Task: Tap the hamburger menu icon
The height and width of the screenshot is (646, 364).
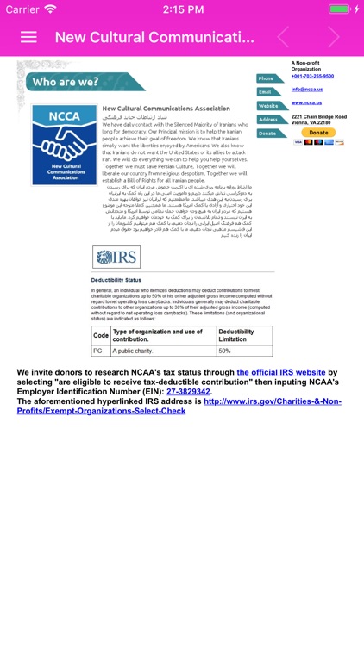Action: (x=28, y=37)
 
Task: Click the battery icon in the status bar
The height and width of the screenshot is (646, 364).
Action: (x=341, y=9)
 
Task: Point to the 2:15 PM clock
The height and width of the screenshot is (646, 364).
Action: (x=181, y=9)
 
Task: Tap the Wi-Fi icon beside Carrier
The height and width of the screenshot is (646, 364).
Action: (x=51, y=9)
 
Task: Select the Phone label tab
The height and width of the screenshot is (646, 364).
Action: (x=270, y=78)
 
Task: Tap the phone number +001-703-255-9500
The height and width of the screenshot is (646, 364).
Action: (x=312, y=76)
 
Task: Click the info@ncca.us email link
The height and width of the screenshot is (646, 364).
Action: (x=307, y=90)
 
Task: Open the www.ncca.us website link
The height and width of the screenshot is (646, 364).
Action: (x=307, y=103)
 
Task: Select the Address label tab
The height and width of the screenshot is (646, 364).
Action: (x=270, y=119)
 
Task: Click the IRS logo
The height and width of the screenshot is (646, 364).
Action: (x=116, y=257)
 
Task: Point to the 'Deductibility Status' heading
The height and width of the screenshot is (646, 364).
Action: (x=116, y=281)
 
